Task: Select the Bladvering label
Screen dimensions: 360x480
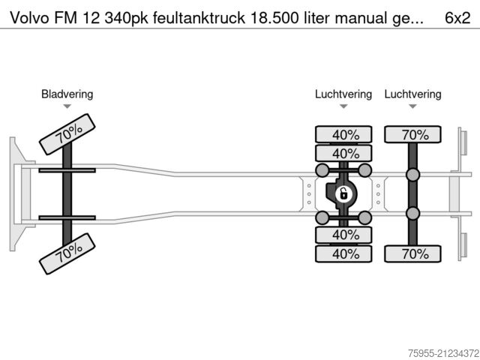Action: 67,94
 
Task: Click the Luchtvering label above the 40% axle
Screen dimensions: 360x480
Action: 343,94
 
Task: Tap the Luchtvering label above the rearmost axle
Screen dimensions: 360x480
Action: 412,94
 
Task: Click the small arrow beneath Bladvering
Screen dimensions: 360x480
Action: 67,106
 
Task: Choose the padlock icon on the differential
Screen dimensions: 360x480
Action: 343,194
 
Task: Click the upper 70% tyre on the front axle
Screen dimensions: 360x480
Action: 67,134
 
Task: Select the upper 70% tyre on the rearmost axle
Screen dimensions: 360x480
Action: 412,135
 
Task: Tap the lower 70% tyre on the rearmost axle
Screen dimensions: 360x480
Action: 412,253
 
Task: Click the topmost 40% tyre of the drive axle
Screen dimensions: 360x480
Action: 343,135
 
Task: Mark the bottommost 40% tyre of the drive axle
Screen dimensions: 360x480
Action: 343,253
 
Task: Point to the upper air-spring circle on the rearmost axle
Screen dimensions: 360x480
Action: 412,175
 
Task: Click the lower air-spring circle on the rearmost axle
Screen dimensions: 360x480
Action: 412,214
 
